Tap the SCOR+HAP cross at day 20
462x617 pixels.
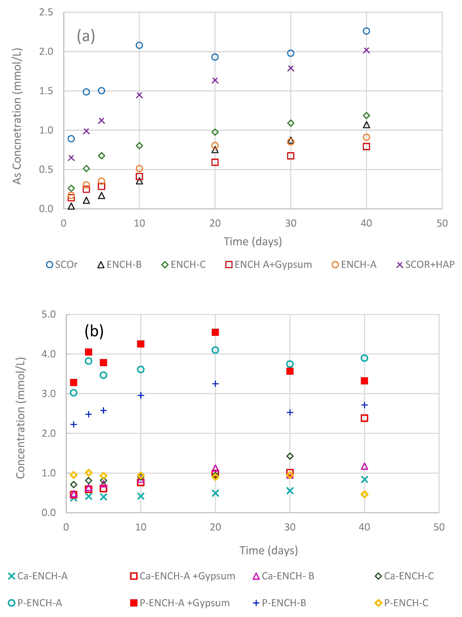215,81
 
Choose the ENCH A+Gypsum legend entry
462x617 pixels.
269,264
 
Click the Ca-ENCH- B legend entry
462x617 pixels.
283,576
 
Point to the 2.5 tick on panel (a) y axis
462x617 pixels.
46,12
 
